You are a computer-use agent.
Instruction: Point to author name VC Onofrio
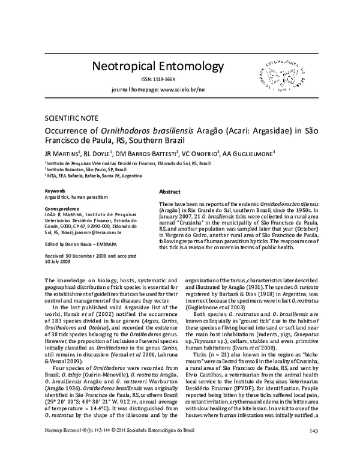tap(203, 154)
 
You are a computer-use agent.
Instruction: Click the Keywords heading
tap(56, 190)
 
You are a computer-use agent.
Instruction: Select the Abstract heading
tap(170, 191)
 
